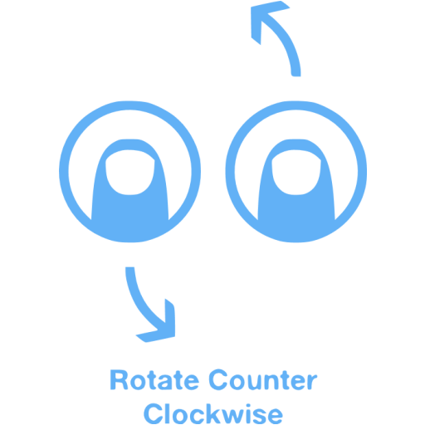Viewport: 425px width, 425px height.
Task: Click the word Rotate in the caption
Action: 154,380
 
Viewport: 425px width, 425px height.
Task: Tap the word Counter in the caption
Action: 263,380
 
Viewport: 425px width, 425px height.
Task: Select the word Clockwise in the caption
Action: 213,413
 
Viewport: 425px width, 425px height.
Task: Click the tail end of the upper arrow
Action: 296,75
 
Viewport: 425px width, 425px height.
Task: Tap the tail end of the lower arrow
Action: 129,268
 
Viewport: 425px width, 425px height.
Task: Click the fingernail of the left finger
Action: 129,172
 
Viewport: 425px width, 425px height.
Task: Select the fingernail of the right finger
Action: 296,172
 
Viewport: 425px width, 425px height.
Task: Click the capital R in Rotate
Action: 119,380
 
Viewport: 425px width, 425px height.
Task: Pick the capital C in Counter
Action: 218,379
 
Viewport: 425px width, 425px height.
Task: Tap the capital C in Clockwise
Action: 153,413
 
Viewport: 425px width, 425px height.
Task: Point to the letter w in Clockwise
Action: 232,416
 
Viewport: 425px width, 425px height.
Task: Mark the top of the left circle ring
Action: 129,105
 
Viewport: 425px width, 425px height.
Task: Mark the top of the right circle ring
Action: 296,105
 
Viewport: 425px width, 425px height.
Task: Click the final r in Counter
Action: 312,382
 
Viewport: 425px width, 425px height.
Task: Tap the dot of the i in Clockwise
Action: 250,405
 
